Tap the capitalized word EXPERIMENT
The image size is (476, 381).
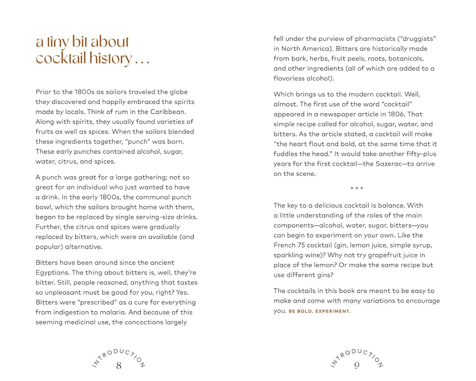(x=333, y=311)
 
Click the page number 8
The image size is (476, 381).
(x=119, y=366)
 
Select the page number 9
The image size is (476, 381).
(x=357, y=366)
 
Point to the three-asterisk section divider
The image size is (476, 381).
(x=357, y=189)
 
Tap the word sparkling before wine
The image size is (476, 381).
(x=287, y=255)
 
